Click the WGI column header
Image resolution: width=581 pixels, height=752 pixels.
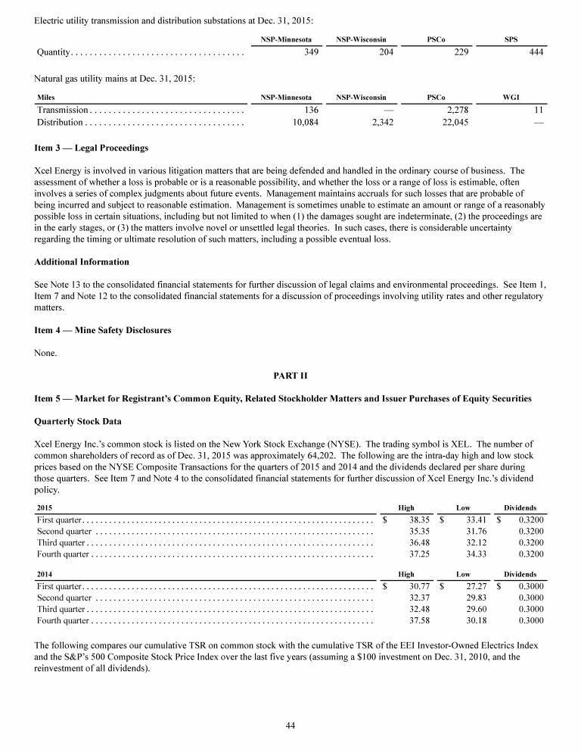pos(511,98)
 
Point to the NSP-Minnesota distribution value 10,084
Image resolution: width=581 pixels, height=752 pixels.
pos(302,123)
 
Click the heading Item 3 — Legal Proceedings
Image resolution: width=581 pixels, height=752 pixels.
pos(92,147)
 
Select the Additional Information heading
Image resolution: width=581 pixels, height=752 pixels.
pos(82,261)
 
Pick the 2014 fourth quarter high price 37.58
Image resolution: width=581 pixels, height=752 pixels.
pos(419,621)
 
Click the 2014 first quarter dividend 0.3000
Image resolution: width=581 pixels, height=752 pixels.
pos(530,587)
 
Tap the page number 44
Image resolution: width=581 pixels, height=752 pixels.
pos(290,725)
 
